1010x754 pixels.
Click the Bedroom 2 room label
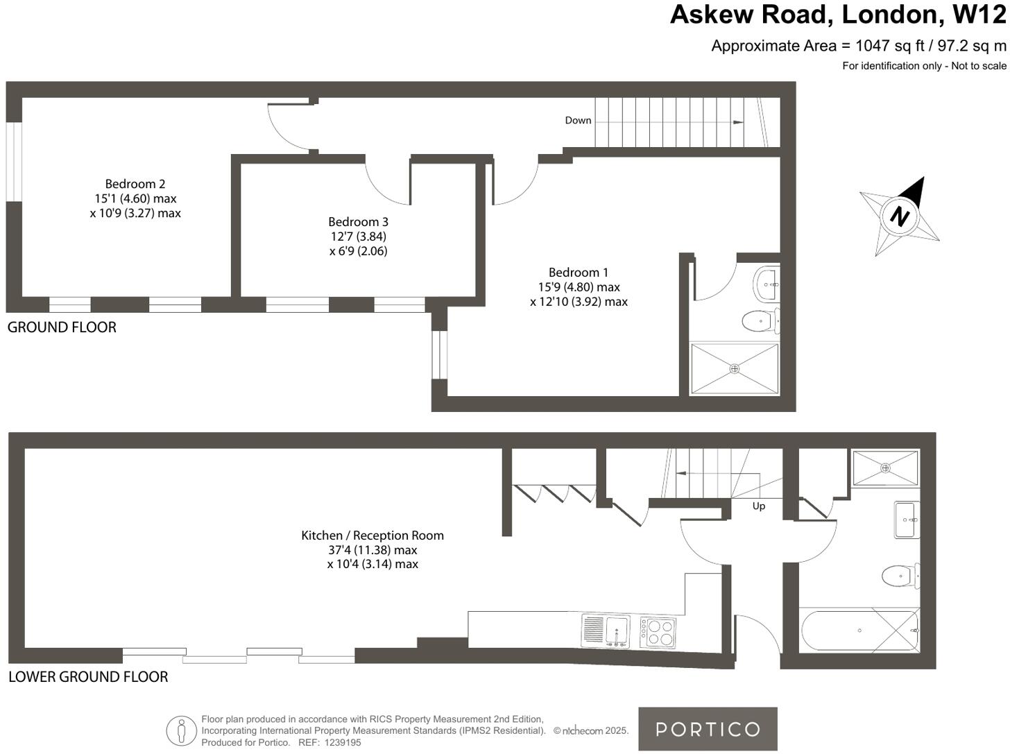pyautogui.click(x=135, y=184)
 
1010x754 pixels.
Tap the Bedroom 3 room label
pyautogui.click(x=358, y=222)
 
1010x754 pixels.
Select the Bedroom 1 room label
pyautogui.click(x=578, y=273)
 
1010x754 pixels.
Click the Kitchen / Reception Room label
pyautogui.click(x=373, y=535)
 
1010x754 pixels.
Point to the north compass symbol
pyautogui.click(x=900, y=216)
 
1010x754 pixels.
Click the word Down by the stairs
pyautogui.click(x=578, y=121)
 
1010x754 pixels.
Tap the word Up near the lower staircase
pyautogui.click(x=759, y=506)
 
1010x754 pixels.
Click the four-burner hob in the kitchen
pyautogui.click(x=658, y=632)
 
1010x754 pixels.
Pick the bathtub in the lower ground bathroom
pyautogui.click(x=859, y=631)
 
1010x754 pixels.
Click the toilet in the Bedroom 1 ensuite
pyautogui.click(x=760, y=321)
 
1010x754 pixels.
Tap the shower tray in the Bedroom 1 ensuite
pyautogui.click(x=735, y=369)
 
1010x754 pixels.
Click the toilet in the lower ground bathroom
pyautogui.click(x=899, y=575)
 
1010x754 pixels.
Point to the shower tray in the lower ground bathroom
pyautogui.click(x=885, y=468)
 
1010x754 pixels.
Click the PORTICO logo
pyautogui.click(x=708, y=729)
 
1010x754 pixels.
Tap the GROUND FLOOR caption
pyautogui.click(x=62, y=327)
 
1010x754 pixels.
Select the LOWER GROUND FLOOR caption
pyautogui.click(x=88, y=677)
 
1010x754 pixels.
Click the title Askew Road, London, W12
pyautogui.click(x=838, y=15)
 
